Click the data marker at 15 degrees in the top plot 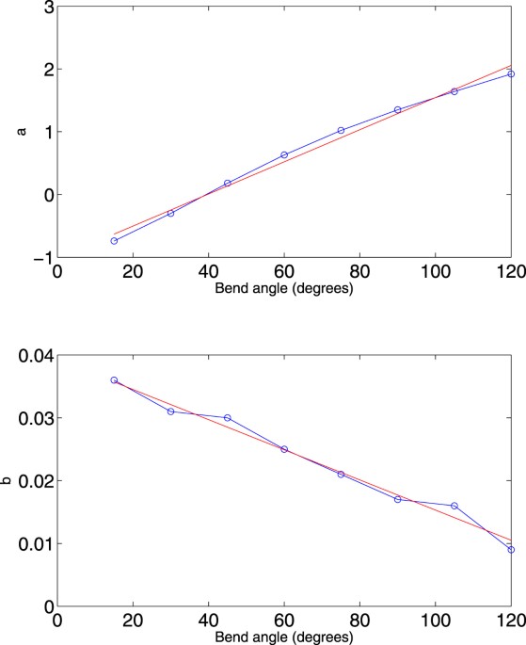114,241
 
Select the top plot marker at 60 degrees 284,154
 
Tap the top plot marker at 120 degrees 511,73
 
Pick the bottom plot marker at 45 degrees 228,417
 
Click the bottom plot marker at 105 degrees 454,506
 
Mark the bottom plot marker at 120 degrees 511,549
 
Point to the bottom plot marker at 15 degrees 114,380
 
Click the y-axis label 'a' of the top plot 21,132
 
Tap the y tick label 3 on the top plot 44,8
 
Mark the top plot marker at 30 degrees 170,213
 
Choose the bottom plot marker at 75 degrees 341,474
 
